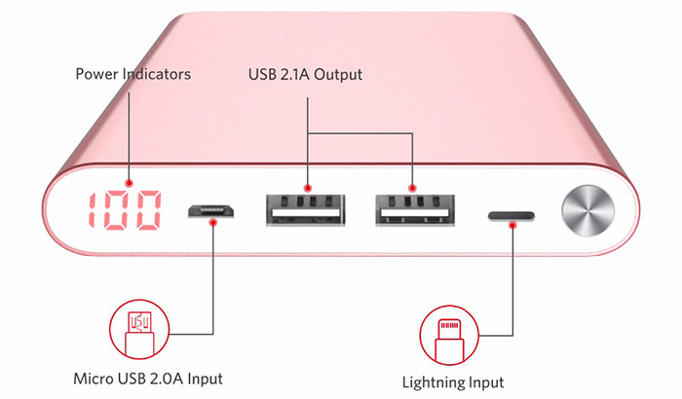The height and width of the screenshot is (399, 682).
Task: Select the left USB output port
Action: (x=303, y=209)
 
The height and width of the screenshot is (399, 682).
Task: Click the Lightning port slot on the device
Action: (x=513, y=211)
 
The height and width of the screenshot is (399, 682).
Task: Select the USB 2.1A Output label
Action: (x=307, y=74)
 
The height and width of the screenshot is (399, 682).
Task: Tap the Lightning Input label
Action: (x=453, y=381)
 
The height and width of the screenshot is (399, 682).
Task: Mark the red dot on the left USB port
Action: (x=308, y=187)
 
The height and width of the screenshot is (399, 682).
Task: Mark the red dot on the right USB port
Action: (x=413, y=187)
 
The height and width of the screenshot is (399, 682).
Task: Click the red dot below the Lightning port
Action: (x=514, y=222)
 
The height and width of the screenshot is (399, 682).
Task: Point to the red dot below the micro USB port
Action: (x=213, y=221)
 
